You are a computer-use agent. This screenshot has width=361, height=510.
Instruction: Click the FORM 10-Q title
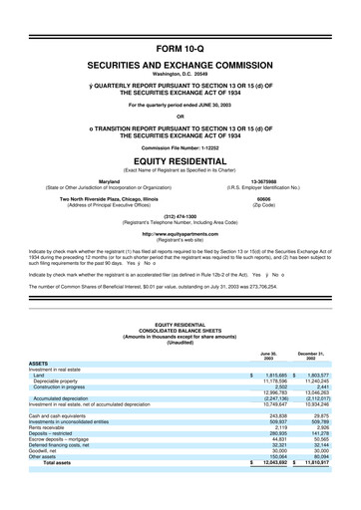[180, 47]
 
